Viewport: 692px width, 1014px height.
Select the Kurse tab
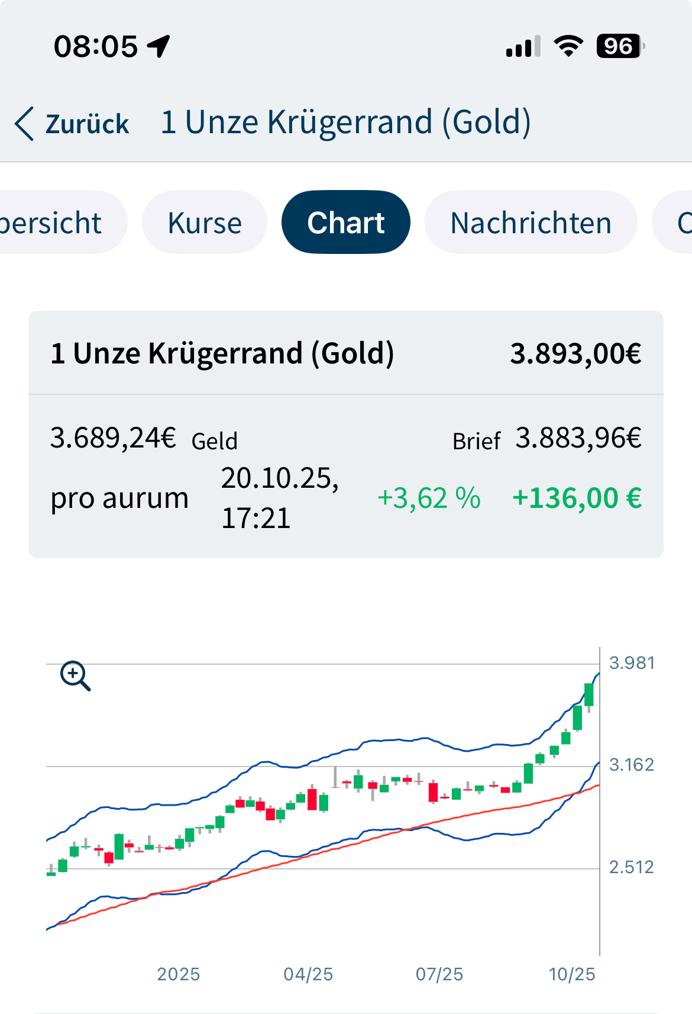coord(205,223)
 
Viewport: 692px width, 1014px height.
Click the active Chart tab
coord(346,223)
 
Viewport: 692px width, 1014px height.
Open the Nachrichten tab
coord(531,223)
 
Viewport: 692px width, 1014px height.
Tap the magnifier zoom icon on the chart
coord(75,676)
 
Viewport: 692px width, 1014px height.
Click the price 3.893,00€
coord(575,353)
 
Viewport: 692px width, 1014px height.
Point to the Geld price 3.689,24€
coord(113,438)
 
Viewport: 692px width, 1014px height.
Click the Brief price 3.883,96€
coord(578,438)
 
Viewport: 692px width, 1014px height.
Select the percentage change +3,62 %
coord(429,498)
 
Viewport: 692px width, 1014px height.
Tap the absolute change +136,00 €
coord(577,498)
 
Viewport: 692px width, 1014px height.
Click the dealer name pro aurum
coord(119,498)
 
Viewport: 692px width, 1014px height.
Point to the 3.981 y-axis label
coord(632,662)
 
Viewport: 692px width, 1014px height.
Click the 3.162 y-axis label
coord(632,765)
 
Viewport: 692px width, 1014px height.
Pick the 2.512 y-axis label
coord(632,867)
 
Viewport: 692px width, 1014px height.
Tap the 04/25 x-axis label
coord(308,974)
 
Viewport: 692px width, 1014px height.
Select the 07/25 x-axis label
coord(439,974)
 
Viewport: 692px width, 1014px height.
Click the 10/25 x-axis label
coord(572,974)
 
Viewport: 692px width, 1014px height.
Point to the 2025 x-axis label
coord(179,974)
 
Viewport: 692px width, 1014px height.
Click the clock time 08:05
coord(96,46)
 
